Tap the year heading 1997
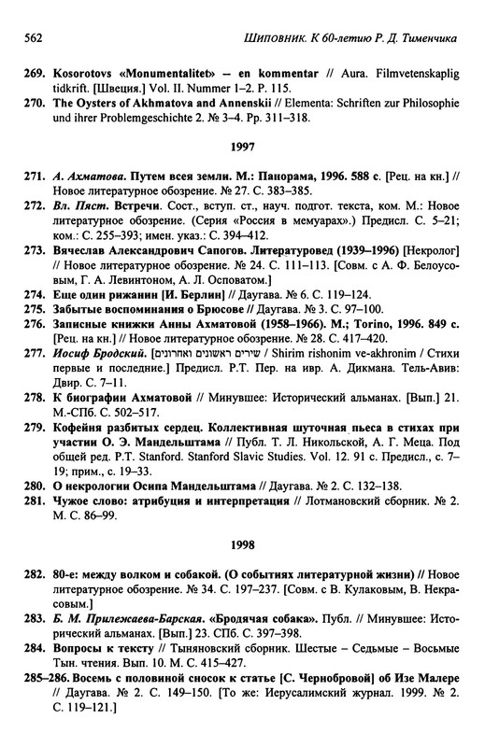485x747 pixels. point(242,147)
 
